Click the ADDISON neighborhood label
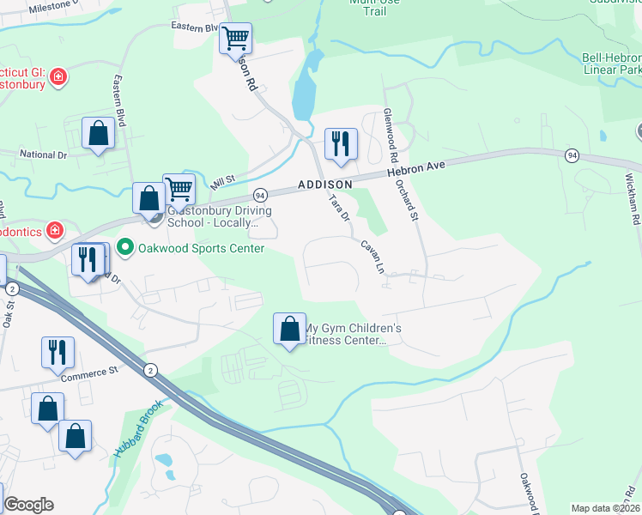click(x=325, y=185)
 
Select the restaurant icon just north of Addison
click(x=341, y=144)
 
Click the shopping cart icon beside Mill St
click(x=178, y=187)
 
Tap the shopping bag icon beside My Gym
click(x=289, y=329)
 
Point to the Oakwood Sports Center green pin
click(x=125, y=249)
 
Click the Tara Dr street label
click(x=341, y=209)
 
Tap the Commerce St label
click(x=88, y=373)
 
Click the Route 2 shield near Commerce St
click(x=150, y=370)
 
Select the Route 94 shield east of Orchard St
click(x=572, y=154)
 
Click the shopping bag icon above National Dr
click(x=98, y=133)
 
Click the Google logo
click(x=28, y=505)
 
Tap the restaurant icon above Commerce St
click(x=58, y=351)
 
